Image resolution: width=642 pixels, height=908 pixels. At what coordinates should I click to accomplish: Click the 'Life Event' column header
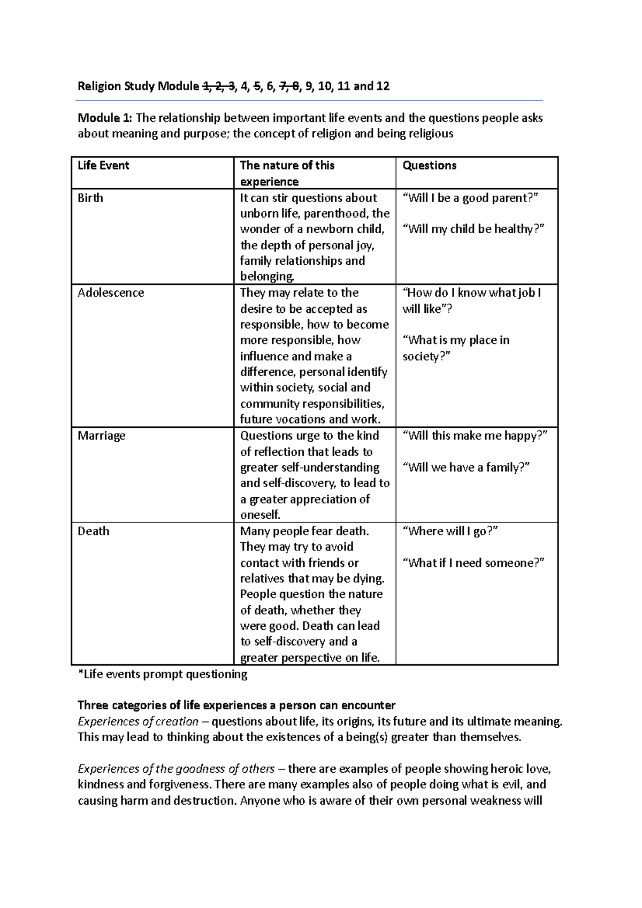pyautogui.click(x=103, y=165)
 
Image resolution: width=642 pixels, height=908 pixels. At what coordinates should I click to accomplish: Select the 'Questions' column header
pyautogui.click(x=429, y=165)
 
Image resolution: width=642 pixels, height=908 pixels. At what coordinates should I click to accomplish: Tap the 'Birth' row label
pyautogui.click(x=90, y=198)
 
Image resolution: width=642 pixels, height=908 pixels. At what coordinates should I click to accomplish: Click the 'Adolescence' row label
pyautogui.click(x=111, y=293)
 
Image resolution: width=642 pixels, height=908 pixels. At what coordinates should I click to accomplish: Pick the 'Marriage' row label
pyautogui.click(x=101, y=435)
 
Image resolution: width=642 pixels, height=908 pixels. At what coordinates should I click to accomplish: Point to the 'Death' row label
pyautogui.click(x=93, y=531)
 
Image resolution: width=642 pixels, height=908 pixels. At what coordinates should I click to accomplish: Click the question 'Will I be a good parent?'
pyautogui.click(x=470, y=198)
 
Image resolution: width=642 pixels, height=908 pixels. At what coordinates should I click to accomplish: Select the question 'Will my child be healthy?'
pyautogui.click(x=473, y=229)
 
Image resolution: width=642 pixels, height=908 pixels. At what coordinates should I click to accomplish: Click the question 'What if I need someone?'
pyautogui.click(x=473, y=563)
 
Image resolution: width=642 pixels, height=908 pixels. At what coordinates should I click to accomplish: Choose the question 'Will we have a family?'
pyautogui.click(x=465, y=467)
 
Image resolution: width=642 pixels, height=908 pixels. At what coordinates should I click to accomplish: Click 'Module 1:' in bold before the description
pyautogui.click(x=104, y=118)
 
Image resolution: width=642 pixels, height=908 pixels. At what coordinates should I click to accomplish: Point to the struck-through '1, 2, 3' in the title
pyautogui.click(x=218, y=86)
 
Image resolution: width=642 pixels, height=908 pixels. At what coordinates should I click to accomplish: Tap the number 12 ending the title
pyautogui.click(x=383, y=86)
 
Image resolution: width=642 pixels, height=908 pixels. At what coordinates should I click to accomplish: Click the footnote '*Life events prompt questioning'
pyautogui.click(x=163, y=674)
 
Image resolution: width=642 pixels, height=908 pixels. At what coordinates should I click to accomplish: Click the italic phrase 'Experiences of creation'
pyautogui.click(x=138, y=721)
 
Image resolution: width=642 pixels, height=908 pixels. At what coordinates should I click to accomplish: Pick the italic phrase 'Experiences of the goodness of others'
pyautogui.click(x=176, y=769)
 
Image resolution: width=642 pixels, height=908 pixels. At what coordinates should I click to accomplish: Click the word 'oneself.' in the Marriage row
pyautogui.click(x=260, y=514)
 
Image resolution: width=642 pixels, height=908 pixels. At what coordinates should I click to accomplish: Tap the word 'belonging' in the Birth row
pyautogui.click(x=266, y=276)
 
